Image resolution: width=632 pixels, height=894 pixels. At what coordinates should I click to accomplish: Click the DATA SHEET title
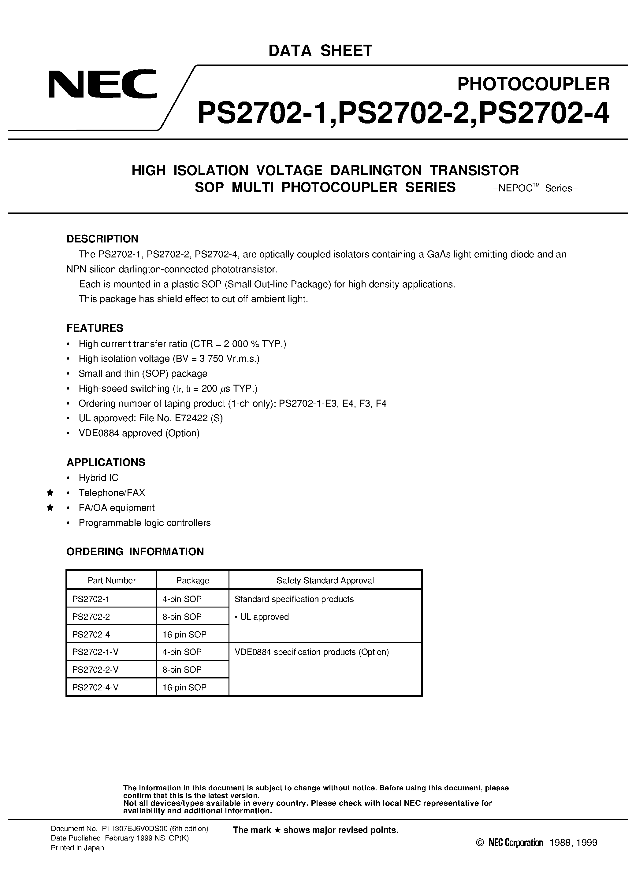tap(320, 51)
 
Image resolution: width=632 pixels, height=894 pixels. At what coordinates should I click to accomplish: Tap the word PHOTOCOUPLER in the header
tap(533, 84)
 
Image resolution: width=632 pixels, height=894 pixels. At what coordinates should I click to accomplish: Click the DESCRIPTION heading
tap(102, 239)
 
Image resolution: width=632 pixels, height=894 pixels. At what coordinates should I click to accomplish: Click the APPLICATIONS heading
tap(106, 462)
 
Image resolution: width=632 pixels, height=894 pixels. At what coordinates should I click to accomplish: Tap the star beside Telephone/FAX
tap(50, 493)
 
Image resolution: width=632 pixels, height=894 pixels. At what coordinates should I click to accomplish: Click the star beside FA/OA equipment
tap(50, 508)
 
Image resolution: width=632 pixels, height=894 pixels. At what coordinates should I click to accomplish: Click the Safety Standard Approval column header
tap(325, 580)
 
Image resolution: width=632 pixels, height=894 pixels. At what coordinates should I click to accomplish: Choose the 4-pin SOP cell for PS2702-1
tap(182, 599)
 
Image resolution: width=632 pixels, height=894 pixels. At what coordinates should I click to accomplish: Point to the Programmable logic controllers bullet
tap(145, 523)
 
